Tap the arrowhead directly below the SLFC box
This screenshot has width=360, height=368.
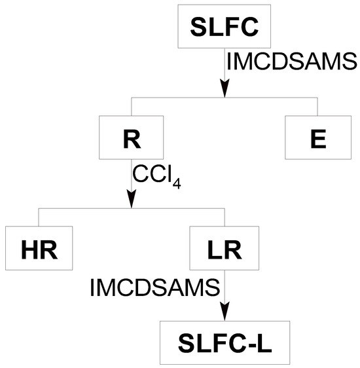point(224,88)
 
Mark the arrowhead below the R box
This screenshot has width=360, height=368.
point(131,199)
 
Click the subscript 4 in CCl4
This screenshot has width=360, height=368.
point(176,181)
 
